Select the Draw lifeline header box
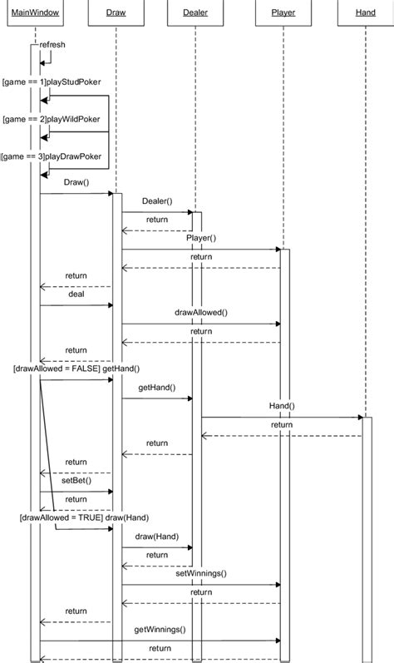[116, 13]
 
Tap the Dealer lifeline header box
[195, 13]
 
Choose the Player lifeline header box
[283, 13]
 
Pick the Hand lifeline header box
[365, 13]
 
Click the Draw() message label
[76, 182]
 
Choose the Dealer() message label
[157, 201]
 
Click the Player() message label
[201, 238]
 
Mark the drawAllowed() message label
[200, 313]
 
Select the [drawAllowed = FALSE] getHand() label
[76, 369]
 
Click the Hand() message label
[282, 406]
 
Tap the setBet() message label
[76, 480]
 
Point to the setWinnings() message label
[200, 573]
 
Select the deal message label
[76, 294]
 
